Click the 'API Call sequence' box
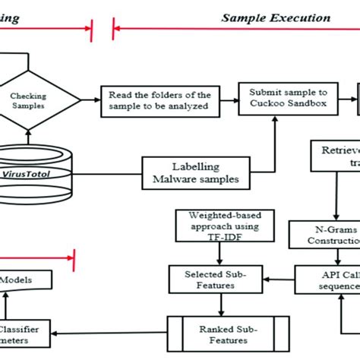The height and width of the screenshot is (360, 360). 327,279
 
